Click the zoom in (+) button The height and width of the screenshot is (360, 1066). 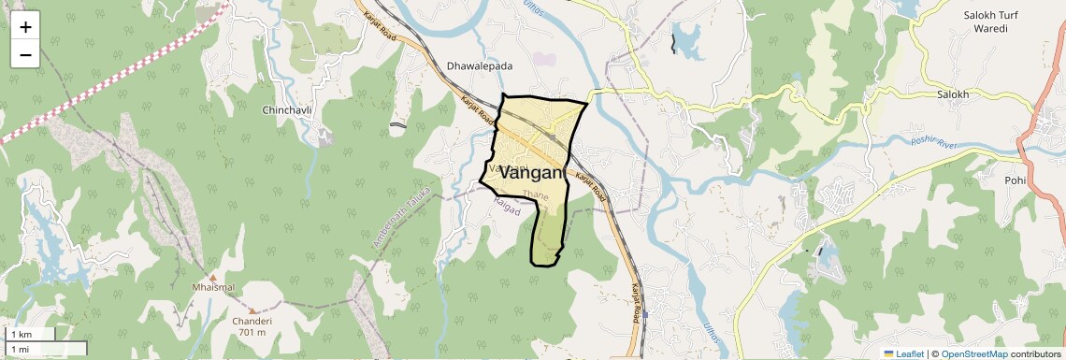tap(25, 27)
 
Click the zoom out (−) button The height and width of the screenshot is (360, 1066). tap(25, 55)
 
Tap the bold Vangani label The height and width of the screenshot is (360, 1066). tap(533, 173)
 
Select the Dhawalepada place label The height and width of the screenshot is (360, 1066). tap(480, 67)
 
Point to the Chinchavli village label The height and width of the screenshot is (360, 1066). tap(286, 110)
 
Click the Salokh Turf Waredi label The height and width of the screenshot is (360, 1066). tap(997, 22)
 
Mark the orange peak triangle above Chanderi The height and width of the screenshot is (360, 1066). tap(252, 309)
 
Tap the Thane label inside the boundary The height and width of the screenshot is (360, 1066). tap(536, 194)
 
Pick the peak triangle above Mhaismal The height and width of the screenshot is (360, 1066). tap(213, 277)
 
